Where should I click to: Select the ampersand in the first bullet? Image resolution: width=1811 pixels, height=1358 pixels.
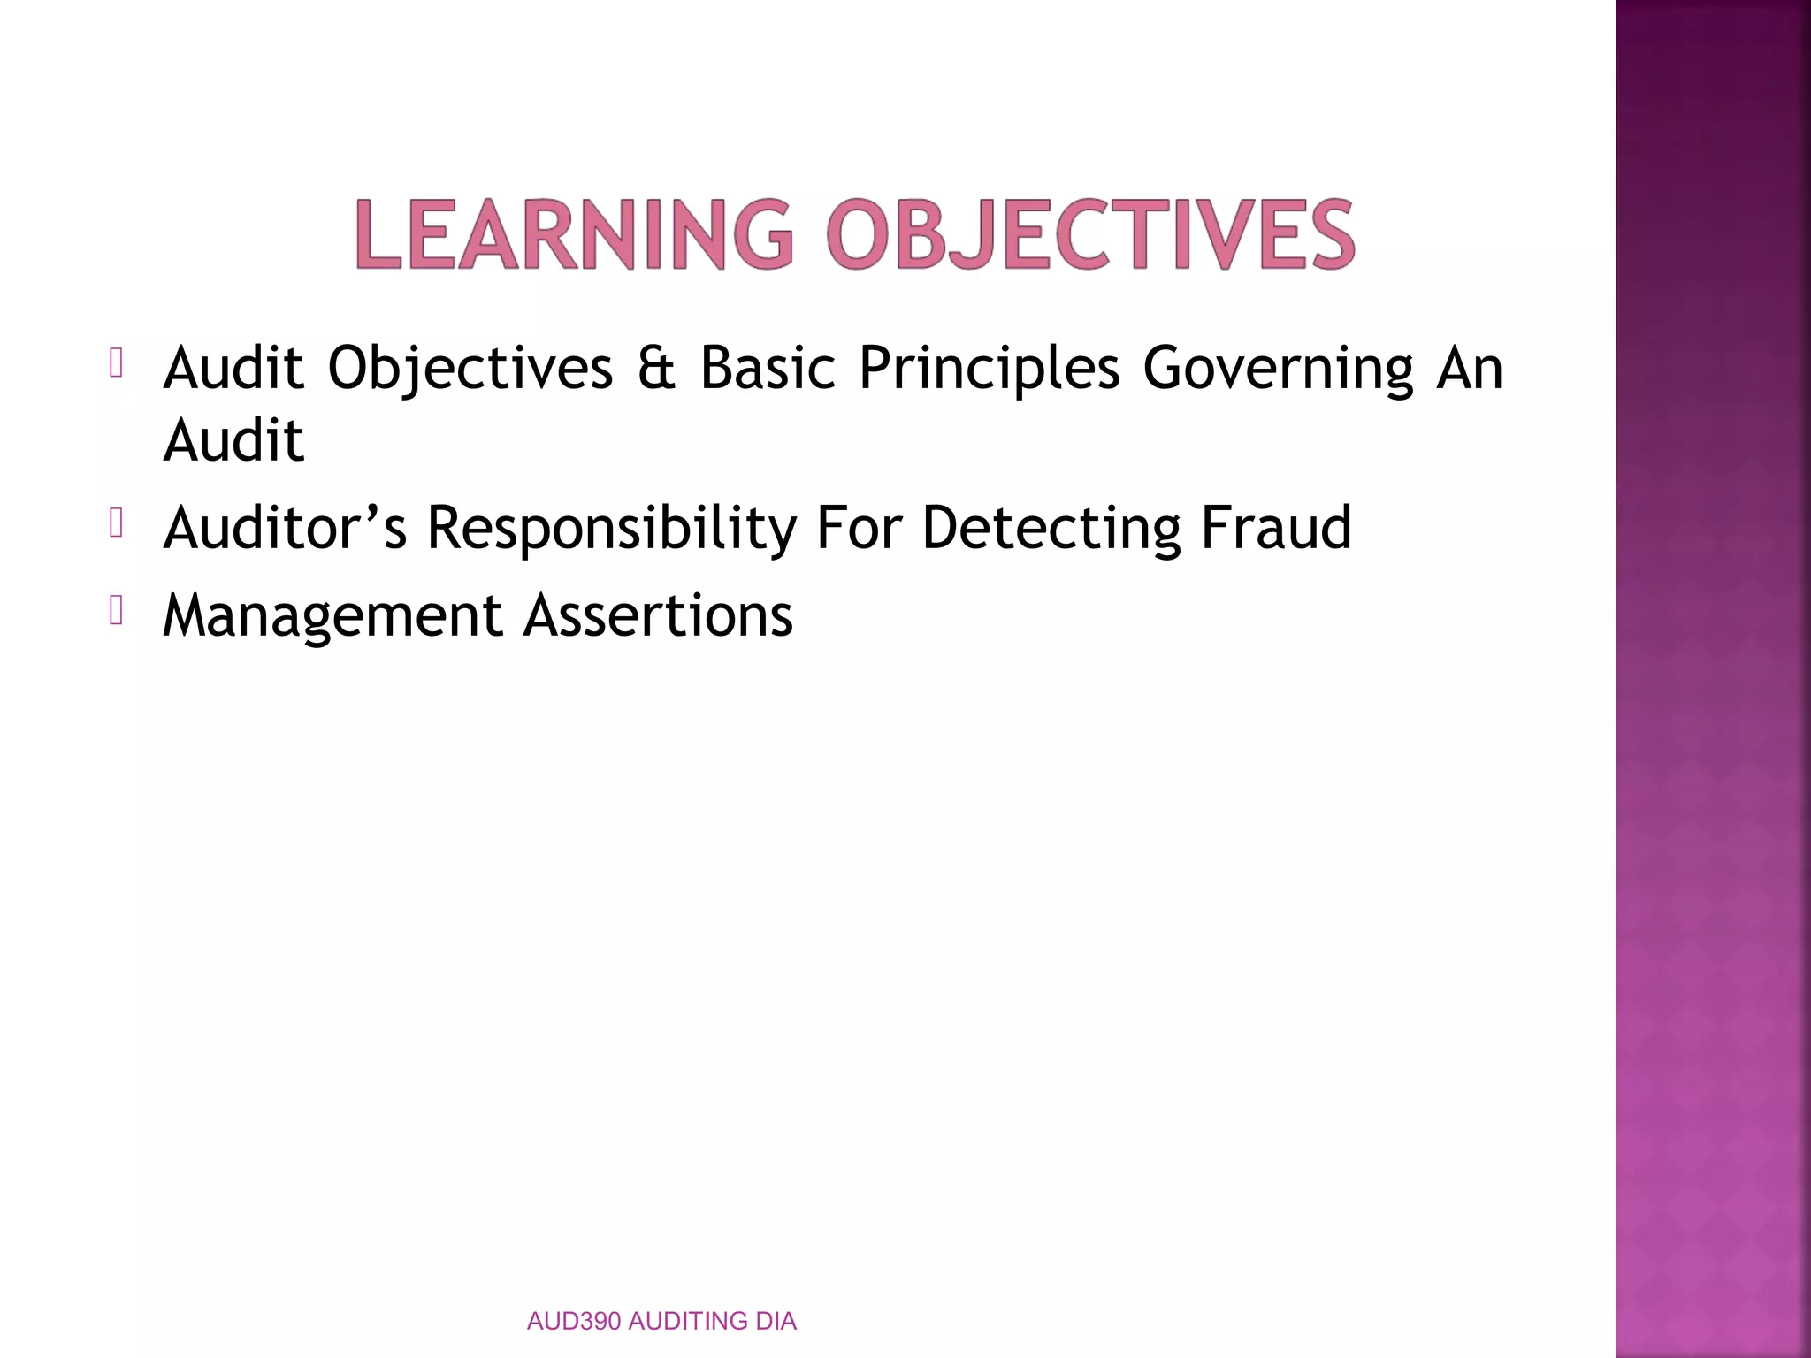[x=656, y=368]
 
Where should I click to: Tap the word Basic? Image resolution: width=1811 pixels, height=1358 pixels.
[x=768, y=368]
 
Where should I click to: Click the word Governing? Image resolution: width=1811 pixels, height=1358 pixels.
[x=1278, y=368]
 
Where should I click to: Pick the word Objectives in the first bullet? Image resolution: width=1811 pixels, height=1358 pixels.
[x=470, y=368]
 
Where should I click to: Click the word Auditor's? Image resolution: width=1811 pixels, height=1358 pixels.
[x=285, y=528]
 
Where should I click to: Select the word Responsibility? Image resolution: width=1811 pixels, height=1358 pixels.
[x=612, y=528]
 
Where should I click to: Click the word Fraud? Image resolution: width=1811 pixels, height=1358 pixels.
[x=1275, y=528]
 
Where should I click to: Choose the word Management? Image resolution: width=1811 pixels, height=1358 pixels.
[x=332, y=616]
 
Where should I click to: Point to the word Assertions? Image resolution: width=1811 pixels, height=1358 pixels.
[x=658, y=616]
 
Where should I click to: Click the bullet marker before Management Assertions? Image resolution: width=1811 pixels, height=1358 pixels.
[x=115, y=611]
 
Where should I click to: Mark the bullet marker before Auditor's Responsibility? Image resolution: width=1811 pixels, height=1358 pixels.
[x=115, y=523]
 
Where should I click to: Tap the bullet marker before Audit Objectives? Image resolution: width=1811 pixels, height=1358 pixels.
[x=115, y=363]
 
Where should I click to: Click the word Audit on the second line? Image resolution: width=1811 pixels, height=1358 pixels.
[x=233, y=440]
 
